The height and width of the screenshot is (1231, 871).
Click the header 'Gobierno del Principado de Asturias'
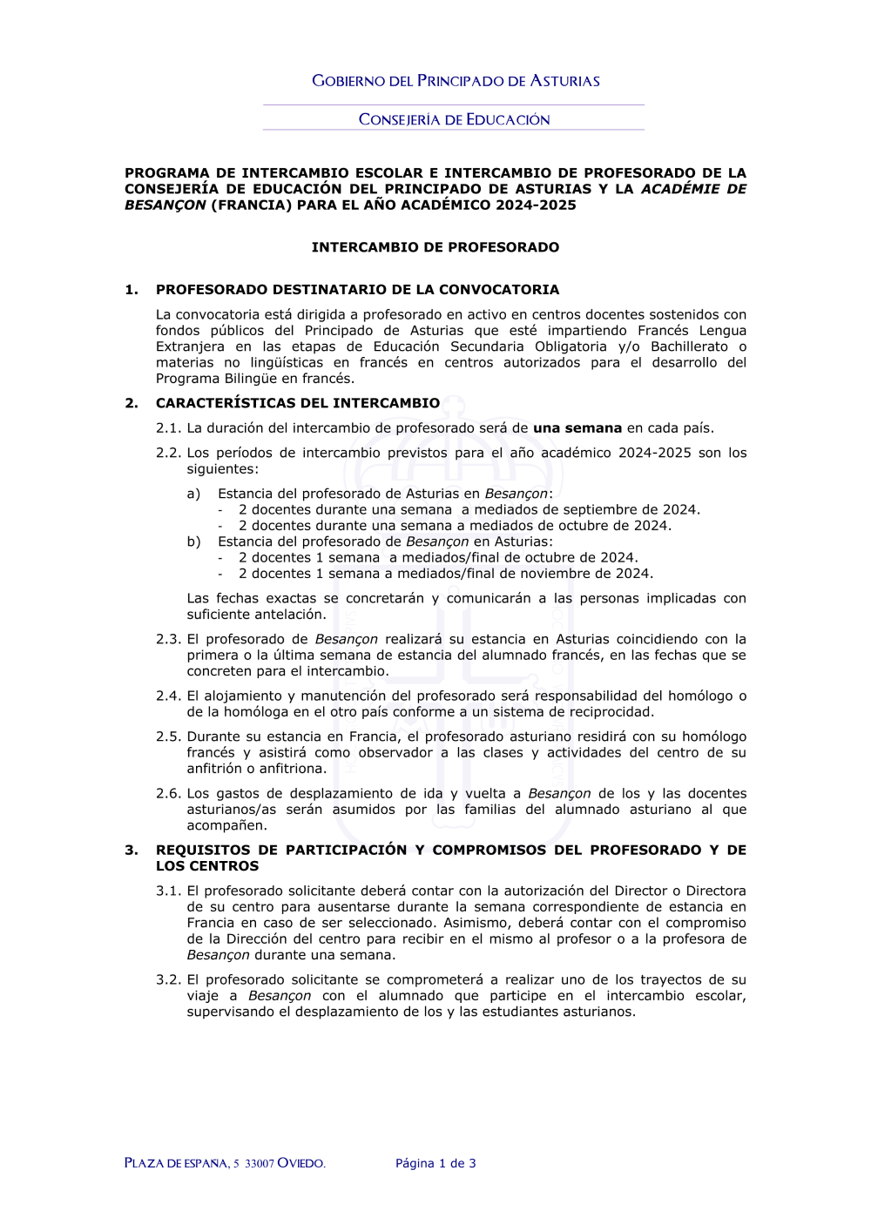pos(456,81)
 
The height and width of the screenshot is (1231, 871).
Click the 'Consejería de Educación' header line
pos(454,119)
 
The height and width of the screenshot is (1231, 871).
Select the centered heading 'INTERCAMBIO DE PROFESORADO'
pos(435,247)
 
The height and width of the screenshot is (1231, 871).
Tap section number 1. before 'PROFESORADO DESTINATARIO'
pos(132,290)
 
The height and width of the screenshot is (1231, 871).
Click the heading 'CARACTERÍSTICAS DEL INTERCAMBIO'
pos(298,403)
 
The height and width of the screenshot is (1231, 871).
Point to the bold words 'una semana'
pos(577,428)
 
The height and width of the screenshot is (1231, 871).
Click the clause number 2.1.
pos(168,428)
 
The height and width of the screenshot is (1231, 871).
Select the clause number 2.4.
pos(168,696)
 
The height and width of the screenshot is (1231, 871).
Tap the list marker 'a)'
pos(193,494)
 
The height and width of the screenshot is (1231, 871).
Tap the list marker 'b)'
pos(193,542)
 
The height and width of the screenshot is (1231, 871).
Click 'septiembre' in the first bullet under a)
pos(601,510)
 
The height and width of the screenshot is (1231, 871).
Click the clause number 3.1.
pos(168,891)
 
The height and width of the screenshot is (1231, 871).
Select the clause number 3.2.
pos(168,980)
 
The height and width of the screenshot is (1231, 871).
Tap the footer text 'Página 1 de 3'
pos(435,1163)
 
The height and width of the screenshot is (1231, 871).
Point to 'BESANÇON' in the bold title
pos(165,205)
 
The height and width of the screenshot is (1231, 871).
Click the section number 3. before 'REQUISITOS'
pos(132,851)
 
